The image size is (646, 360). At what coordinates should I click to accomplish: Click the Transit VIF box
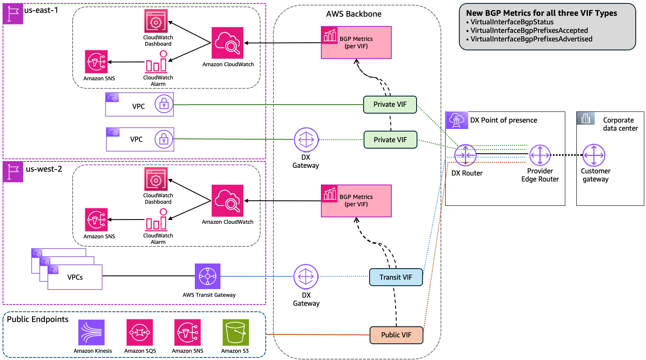[x=396, y=277]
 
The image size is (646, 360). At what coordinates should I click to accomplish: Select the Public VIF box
[x=396, y=335]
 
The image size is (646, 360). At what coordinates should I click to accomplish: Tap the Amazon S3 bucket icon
[x=235, y=333]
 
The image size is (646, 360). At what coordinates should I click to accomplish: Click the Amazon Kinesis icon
[x=91, y=333]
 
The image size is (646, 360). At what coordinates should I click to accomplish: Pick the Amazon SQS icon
[x=140, y=333]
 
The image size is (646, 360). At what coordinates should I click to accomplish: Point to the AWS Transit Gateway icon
[x=208, y=276]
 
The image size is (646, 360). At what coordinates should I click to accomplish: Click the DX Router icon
[x=465, y=155]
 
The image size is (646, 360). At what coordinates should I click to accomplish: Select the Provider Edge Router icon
[x=540, y=155]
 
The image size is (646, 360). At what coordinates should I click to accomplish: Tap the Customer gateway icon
[x=594, y=155]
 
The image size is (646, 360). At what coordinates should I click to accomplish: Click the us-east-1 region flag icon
[x=13, y=14]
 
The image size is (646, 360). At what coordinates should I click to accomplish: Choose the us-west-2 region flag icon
[x=13, y=172]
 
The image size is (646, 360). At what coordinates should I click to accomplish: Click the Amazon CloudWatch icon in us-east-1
[x=227, y=43]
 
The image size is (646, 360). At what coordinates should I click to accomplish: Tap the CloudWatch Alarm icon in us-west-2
[x=156, y=220]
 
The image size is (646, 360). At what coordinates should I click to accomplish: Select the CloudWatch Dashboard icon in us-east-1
[x=156, y=21]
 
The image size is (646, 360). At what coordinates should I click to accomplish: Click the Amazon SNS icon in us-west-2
[x=96, y=220]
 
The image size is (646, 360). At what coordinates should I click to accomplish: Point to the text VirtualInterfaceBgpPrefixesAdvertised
[x=531, y=39]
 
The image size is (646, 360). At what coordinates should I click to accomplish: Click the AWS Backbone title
[x=354, y=14]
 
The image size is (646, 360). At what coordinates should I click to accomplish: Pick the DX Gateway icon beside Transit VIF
[x=306, y=277]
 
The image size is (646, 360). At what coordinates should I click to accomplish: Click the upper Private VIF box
[x=390, y=105]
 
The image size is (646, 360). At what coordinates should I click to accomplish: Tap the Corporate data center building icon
[x=586, y=118]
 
